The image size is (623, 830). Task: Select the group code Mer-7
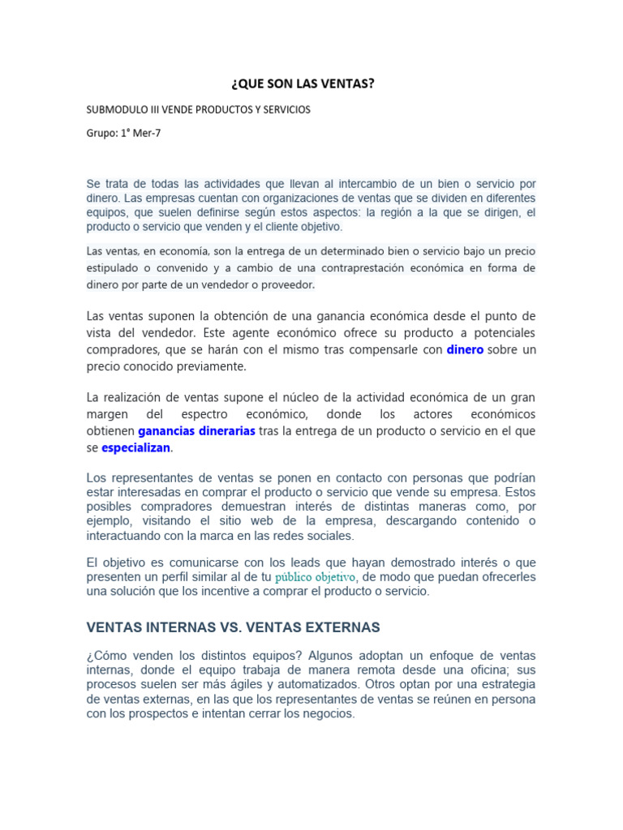coord(145,134)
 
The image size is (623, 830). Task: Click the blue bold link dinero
coord(465,349)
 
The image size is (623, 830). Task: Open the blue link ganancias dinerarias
coord(196,430)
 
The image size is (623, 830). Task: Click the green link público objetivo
coord(316,577)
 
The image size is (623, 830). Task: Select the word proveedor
coord(286,285)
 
